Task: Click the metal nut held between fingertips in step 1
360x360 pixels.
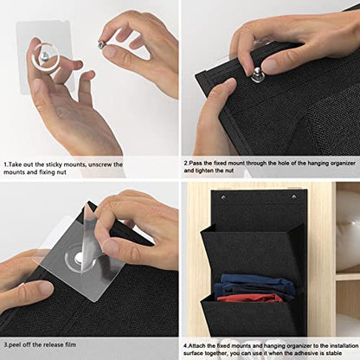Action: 101,45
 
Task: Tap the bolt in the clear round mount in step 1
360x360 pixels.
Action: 46,56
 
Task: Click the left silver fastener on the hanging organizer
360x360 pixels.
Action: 223,197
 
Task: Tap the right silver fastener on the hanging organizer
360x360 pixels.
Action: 294,197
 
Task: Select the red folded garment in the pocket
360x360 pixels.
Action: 249,298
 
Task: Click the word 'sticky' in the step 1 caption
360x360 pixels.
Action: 55,165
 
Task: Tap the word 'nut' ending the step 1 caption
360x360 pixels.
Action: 61,172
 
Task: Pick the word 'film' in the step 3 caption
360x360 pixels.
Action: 70,344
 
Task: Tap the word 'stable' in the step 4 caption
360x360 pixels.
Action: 333,353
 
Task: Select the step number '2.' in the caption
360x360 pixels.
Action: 186,164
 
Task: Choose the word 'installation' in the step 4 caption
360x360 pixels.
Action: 344,345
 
